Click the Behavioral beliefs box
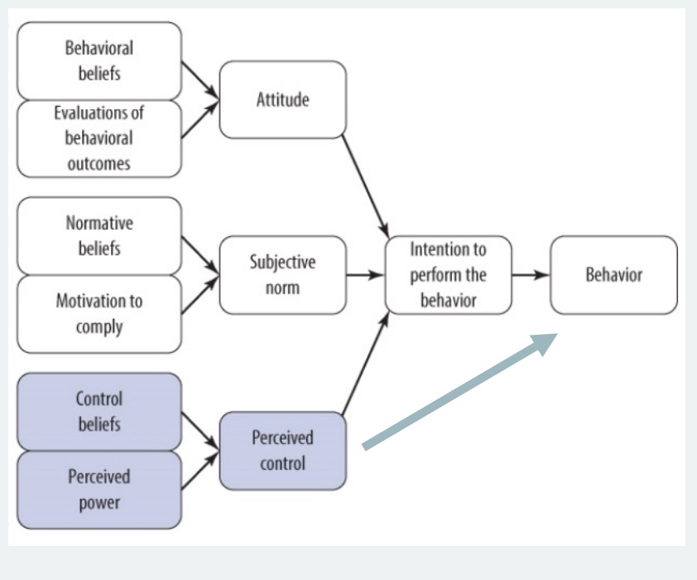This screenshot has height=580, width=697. (x=99, y=60)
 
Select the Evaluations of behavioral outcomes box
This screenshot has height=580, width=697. (x=99, y=138)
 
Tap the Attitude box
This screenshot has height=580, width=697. (x=282, y=99)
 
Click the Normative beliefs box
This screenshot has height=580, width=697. (x=99, y=235)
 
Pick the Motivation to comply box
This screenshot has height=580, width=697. (x=99, y=313)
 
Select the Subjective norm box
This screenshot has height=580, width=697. (x=282, y=274)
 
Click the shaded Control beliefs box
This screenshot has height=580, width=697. (x=99, y=411)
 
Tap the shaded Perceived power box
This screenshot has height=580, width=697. (x=99, y=489)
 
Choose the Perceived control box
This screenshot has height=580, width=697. (x=282, y=450)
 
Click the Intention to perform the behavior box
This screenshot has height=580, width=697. (x=448, y=274)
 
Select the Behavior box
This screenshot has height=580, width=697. (x=613, y=274)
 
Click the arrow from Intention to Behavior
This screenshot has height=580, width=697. (x=531, y=274)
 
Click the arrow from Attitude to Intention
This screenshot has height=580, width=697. (x=365, y=185)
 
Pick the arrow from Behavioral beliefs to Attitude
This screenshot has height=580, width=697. (x=199, y=82)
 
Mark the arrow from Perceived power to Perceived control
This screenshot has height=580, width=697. (x=199, y=470)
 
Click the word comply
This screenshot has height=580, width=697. (x=99, y=326)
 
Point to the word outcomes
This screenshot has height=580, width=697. (x=99, y=163)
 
